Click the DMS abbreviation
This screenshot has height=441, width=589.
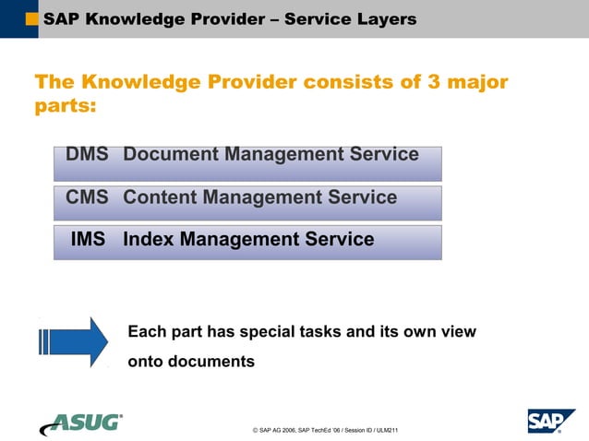pos(87,154)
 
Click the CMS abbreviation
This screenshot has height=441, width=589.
pos(87,197)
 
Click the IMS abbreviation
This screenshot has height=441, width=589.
pos(89,240)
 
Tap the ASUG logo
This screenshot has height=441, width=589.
pos(80,423)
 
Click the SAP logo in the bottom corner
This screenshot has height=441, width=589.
pos(551,421)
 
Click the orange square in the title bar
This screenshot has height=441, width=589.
pos(32,18)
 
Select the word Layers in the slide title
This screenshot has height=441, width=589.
pos(382,18)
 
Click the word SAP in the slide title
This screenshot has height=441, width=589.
pos(61,18)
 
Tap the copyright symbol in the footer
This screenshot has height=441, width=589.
pos(254,431)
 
